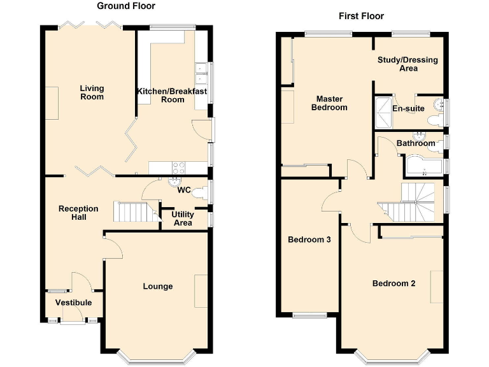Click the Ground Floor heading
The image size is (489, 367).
[x=125, y=6]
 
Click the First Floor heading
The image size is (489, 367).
[x=361, y=16]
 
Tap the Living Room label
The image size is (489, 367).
[x=92, y=92]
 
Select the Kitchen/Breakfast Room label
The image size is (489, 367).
[x=172, y=95]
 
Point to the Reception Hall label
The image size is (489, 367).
[x=78, y=213]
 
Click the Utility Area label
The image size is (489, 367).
[x=183, y=219]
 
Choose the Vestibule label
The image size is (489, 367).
[x=73, y=303]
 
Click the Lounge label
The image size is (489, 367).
[x=157, y=286]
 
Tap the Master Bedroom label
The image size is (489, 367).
[x=329, y=103]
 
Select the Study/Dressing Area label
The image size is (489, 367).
[x=408, y=64]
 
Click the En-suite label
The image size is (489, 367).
[x=408, y=109]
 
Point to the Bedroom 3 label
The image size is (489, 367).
[x=309, y=240]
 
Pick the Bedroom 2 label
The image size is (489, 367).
[x=394, y=283]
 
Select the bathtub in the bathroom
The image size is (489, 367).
[x=423, y=166]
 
